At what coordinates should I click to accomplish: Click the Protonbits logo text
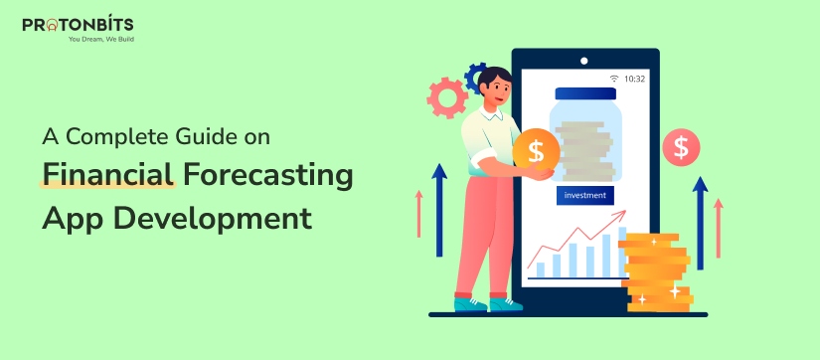[x=79, y=24]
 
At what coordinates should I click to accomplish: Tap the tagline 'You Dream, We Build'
[x=100, y=40]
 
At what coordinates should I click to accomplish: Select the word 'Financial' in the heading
[x=107, y=177]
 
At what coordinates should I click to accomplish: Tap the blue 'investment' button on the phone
[x=584, y=195]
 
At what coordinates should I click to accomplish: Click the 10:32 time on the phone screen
[x=634, y=79]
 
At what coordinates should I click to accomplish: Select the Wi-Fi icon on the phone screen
[x=614, y=79]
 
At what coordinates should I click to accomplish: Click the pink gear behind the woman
[x=445, y=98]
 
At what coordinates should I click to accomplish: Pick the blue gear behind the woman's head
[x=476, y=76]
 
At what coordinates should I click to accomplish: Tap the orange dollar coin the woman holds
[x=536, y=151]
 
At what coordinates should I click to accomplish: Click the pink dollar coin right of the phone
[x=681, y=148]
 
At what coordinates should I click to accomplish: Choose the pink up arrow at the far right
[x=718, y=228]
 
